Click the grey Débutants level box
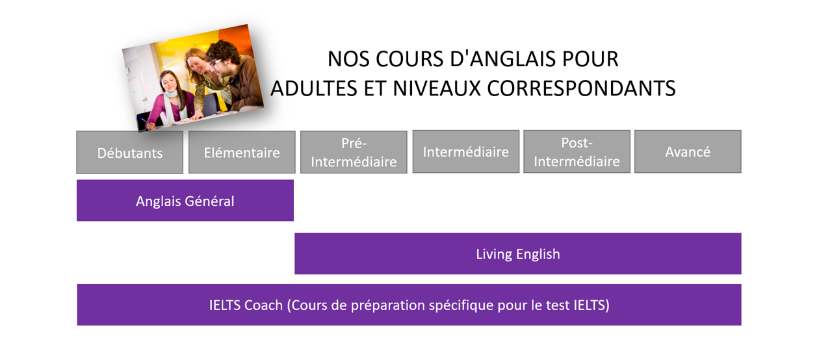pyautogui.click(x=129, y=153)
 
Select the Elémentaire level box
pyautogui.click(x=242, y=153)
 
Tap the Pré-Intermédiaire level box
pyautogui.click(x=354, y=153)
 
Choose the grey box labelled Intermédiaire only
pyautogui.click(x=465, y=151)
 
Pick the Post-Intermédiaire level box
pyautogui.click(x=577, y=151)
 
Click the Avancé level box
pyautogui.click(x=688, y=151)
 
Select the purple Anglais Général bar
pyautogui.click(x=185, y=201)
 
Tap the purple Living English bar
pyautogui.click(x=517, y=253)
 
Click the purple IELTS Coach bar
pyautogui.click(x=409, y=305)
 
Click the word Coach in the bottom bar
pyautogui.click(x=263, y=305)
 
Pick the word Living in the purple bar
pyautogui.click(x=494, y=253)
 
